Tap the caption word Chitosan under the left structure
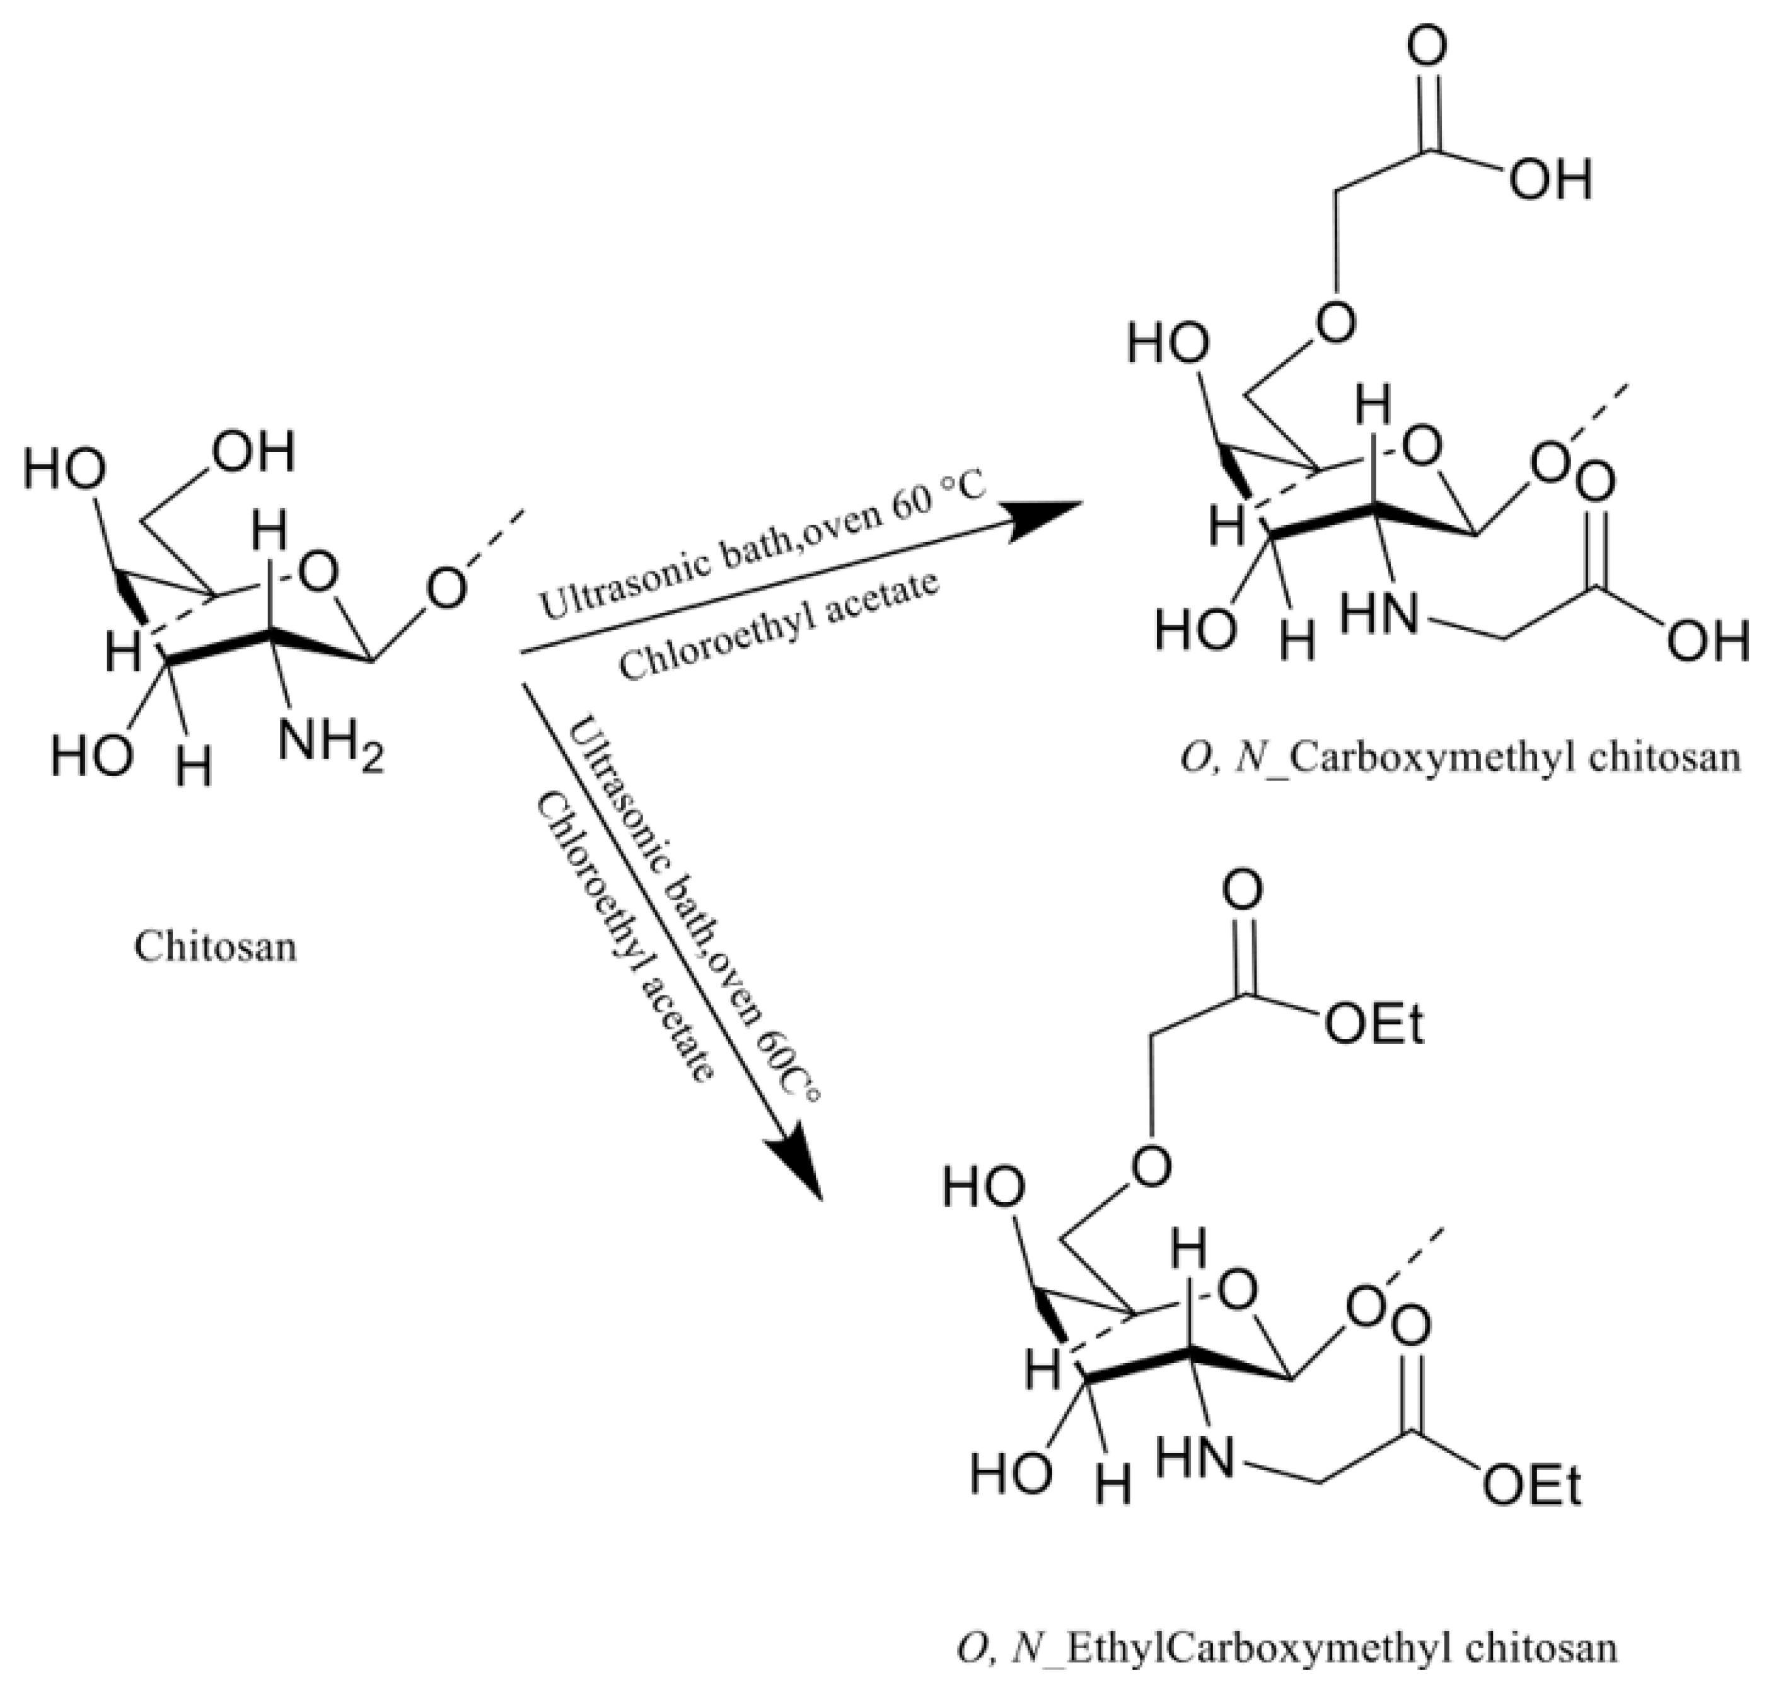pos(216,947)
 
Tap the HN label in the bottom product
pos(1194,1457)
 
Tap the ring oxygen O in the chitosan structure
pos(318,572)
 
